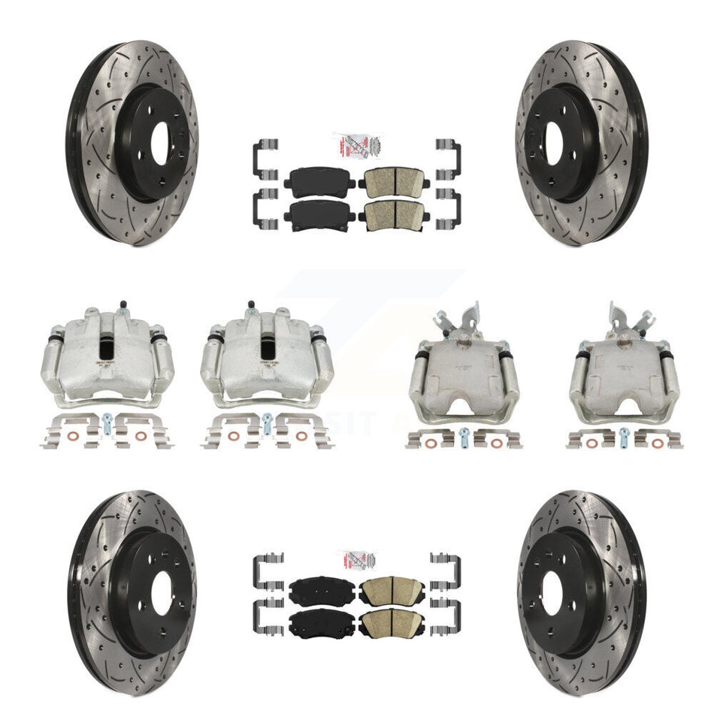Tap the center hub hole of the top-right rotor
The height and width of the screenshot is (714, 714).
tap(555, 143)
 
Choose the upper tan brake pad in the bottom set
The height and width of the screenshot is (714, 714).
tap(392, 590)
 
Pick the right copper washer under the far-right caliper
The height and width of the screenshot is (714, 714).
tap(656, 443)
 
